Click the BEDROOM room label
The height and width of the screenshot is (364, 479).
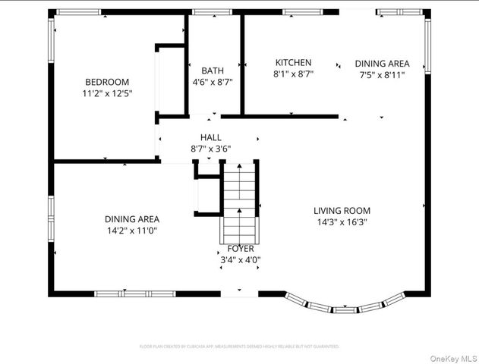107,82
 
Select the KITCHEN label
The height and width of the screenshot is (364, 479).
293,63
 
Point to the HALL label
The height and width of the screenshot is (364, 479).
211,137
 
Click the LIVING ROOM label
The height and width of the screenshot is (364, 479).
342,211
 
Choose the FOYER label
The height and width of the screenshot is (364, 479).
241,248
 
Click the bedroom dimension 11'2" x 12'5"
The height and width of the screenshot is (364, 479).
107,93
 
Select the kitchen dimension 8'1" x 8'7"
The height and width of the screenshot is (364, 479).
293,74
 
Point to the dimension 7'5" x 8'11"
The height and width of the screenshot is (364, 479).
382,75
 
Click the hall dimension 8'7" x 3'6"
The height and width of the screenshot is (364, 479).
211,149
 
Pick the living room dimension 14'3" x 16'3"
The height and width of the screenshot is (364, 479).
342,222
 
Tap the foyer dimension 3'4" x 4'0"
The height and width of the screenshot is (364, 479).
241,259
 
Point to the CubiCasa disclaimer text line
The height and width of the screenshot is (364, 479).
239,346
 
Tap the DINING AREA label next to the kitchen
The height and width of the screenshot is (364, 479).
382,64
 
